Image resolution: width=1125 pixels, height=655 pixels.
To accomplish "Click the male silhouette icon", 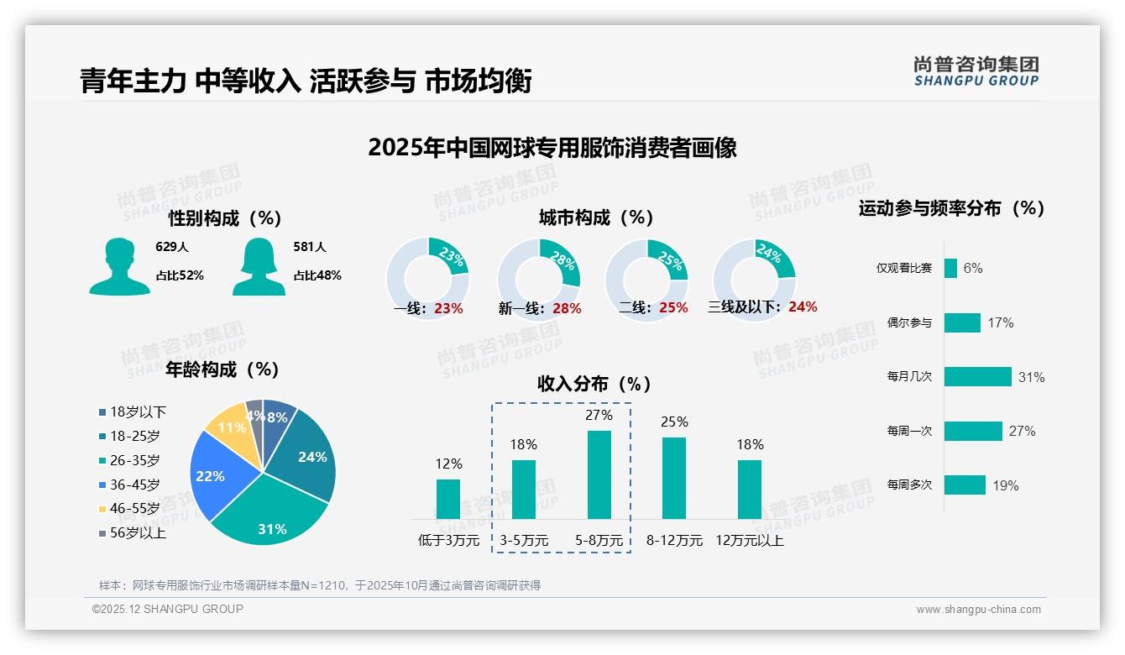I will point(119,267).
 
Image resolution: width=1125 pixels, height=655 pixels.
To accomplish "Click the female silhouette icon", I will point(259,267).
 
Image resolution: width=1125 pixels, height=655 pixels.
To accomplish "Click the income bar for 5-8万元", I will point(599,474).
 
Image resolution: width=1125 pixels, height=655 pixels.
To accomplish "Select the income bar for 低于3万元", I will point(448,499).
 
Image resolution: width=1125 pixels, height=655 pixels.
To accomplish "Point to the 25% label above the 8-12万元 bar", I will point(673,422).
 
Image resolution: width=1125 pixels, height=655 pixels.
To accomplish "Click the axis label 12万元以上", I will point(749,540).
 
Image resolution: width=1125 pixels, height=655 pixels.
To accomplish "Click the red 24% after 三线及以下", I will point(802,307).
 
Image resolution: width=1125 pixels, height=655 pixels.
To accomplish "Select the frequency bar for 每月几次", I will point(977,376).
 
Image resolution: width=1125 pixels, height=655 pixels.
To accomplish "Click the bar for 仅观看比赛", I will point(950,268).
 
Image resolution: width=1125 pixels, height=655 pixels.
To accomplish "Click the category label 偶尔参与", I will point(909,322).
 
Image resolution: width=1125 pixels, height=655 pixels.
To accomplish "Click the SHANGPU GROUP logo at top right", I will point(976,71).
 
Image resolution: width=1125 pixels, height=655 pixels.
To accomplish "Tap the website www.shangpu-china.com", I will point(978,609).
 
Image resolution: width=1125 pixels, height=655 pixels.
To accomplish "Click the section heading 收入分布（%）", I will point(594,384).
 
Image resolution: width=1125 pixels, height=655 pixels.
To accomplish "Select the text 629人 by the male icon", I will point(172,247).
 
